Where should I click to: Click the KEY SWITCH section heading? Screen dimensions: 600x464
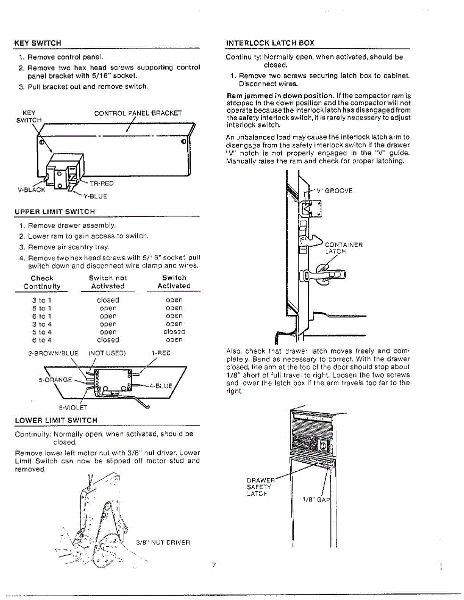pos(38,43)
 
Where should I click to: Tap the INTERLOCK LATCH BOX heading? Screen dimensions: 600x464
pos(270,43)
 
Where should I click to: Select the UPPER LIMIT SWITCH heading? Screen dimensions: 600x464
pos(55,212)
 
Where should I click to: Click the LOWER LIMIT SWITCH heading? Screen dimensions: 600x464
pos(56,420)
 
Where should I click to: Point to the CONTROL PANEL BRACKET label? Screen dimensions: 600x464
pos(138,113)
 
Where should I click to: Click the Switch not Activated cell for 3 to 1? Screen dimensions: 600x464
pos(108,300)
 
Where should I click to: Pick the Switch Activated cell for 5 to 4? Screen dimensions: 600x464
pos(174,331)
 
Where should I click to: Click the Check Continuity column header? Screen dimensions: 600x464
pos(42,282)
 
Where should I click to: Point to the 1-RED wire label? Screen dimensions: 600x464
pos(161,353)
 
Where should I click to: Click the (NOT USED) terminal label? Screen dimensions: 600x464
pos(107,353)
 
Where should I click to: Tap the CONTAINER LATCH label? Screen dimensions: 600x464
pos(343,248)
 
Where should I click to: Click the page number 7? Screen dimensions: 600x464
pos(214,565)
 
